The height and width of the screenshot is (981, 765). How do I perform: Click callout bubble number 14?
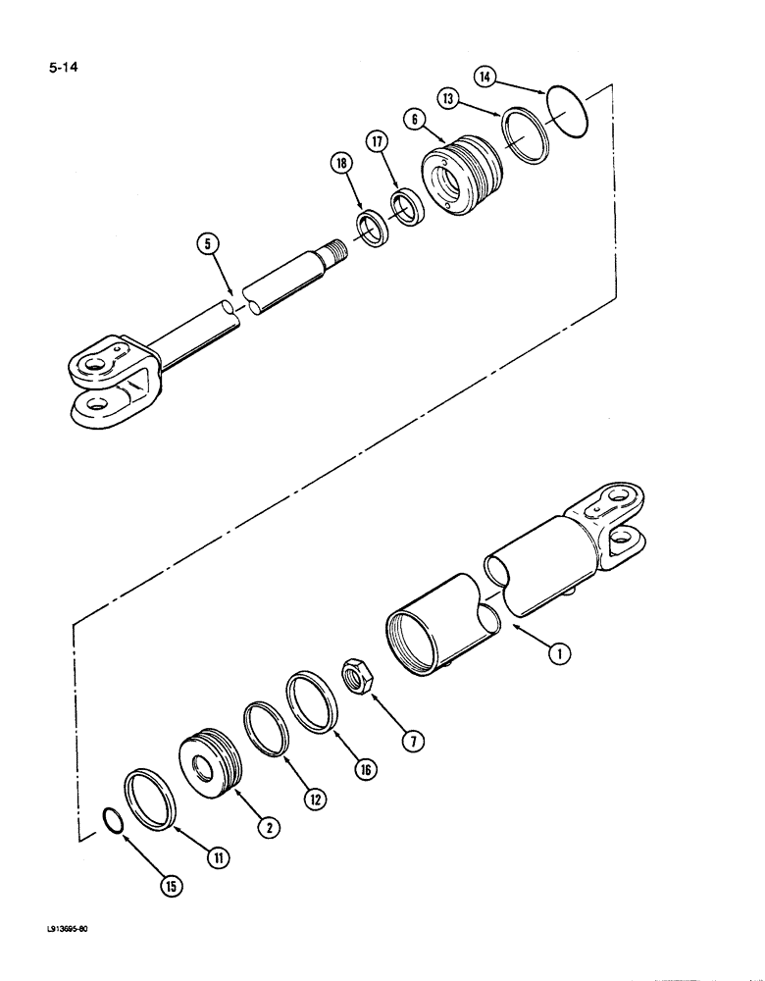[487, 76]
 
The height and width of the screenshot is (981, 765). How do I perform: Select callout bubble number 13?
[447, 97]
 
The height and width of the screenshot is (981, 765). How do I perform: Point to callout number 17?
[376, 143]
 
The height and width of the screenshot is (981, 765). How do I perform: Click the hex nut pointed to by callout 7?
[354, 676]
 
